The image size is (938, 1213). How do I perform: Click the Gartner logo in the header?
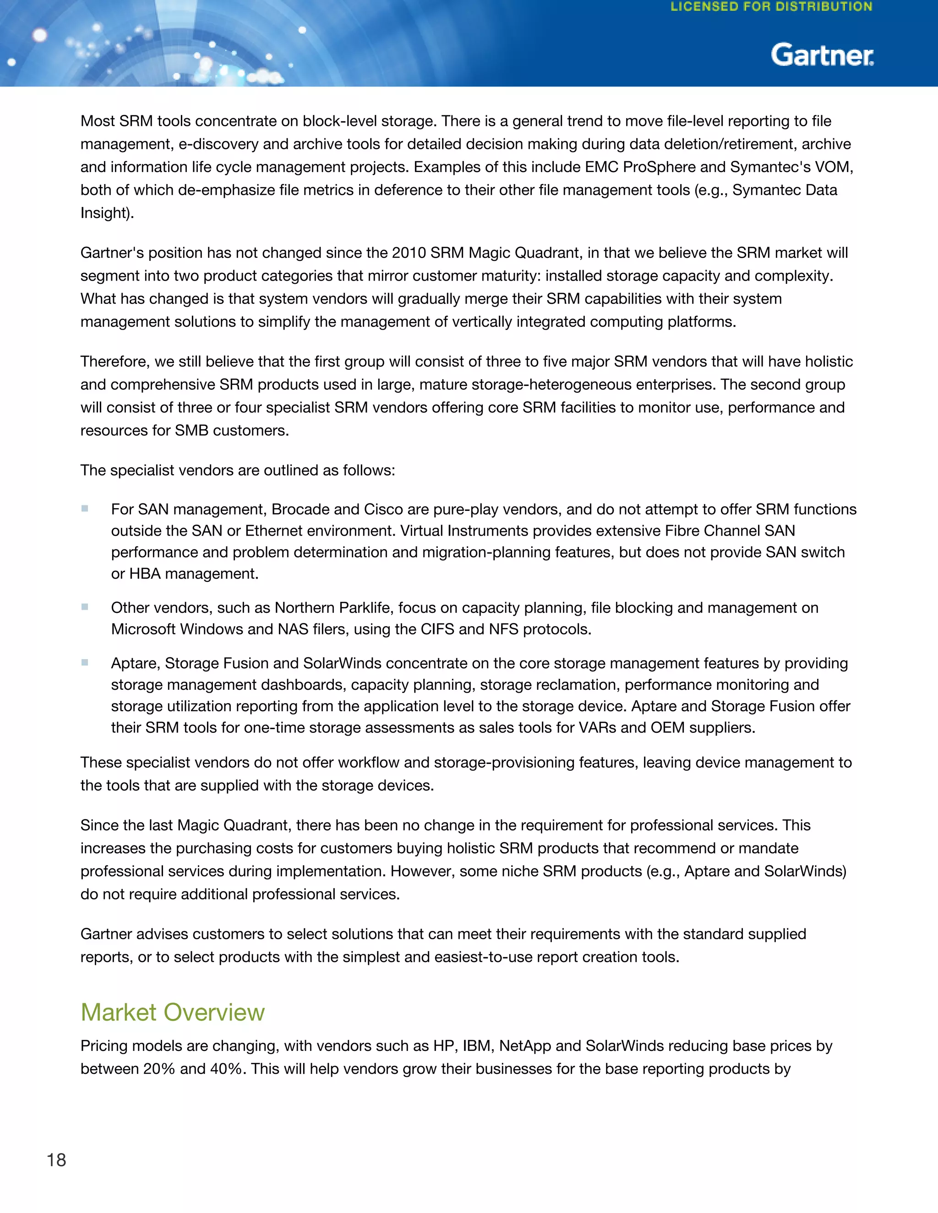[x=822, y=55]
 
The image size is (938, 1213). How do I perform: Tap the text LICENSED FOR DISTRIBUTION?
[x=771, y=7]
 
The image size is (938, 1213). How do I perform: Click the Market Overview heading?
[x=172, y=1013]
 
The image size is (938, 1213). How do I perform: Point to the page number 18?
[x=56, y=1160]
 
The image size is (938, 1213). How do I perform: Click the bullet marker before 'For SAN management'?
[x=84, y=508]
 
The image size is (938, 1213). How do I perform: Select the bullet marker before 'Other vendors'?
[x=84, y=606]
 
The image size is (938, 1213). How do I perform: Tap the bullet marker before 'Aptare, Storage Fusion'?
[x=84, y=662]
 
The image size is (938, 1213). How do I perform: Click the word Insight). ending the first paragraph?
[x=107, y=213]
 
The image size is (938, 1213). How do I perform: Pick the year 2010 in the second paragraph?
[x=409, y=253]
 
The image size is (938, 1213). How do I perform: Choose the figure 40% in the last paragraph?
[x=227, y=1069]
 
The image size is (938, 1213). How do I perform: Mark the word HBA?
[x=145, y=574]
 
